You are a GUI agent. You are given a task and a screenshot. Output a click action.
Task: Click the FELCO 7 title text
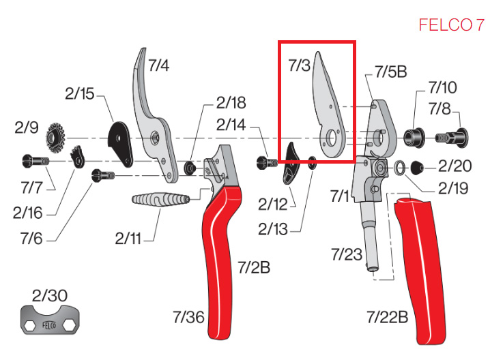point(451,25)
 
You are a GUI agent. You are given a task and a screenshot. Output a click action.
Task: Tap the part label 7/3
point(299,65)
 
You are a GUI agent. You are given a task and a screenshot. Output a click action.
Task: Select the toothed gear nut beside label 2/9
point(56,137)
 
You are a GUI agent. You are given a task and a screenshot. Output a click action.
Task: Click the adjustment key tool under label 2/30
point(50,320)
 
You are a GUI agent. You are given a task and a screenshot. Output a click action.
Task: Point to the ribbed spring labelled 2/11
point(161,199)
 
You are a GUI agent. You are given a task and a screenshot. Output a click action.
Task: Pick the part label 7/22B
point(388,317)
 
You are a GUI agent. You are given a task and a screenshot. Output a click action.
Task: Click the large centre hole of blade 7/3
point(332,138)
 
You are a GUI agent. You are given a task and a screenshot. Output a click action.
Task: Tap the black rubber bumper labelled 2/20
point(417,168)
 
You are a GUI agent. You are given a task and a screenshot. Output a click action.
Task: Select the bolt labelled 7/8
point(452,137)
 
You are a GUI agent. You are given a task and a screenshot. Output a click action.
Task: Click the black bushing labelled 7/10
point(414,137)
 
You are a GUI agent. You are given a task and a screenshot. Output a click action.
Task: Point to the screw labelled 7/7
point(36,162)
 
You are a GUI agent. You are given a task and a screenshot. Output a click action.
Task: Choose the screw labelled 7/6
point(104,175)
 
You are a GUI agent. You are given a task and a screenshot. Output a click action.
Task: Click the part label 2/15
point(79,93)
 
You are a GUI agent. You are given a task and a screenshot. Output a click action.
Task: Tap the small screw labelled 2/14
point(267,163)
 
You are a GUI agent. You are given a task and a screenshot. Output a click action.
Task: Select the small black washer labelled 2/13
point(312,162)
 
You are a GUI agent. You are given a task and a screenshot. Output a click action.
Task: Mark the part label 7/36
point(188,317)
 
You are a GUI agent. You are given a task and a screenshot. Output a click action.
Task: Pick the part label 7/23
point(347,254)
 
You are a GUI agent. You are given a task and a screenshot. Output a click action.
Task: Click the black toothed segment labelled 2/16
point(78,157)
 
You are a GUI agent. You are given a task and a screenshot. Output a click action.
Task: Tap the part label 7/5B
point(391,72)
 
